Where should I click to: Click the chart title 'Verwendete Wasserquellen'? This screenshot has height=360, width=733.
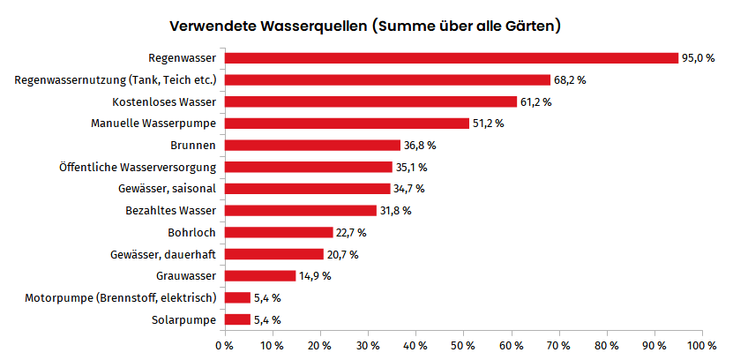click(x=365, y=26)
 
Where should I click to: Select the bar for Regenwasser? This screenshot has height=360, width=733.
click(x=452, y=58)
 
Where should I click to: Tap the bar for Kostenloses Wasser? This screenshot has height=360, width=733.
click(x=370, y=101)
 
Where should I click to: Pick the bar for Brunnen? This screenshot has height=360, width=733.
click(x=312, y=145)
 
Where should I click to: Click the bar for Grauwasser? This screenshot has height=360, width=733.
click(x=260, y=275)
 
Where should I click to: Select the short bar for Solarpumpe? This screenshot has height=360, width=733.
click(x=238, y=319)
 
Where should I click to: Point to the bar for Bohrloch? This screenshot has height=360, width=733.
click(x=279, y=232)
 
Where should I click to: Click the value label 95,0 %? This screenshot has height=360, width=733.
click(x=698, y=58)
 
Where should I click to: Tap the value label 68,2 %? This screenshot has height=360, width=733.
click(x=570, y=80)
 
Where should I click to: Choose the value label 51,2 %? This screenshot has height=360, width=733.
click(x=489, y=124)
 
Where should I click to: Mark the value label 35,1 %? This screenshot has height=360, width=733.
click(x=411, y=167)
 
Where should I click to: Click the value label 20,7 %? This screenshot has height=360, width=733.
click(x=342, y=254)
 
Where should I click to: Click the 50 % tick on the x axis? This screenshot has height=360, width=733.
click(x=464, y=345)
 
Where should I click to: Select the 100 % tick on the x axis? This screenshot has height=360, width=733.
click(x=703, y=345)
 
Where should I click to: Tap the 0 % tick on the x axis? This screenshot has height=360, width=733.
click(x=225, y=345)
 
